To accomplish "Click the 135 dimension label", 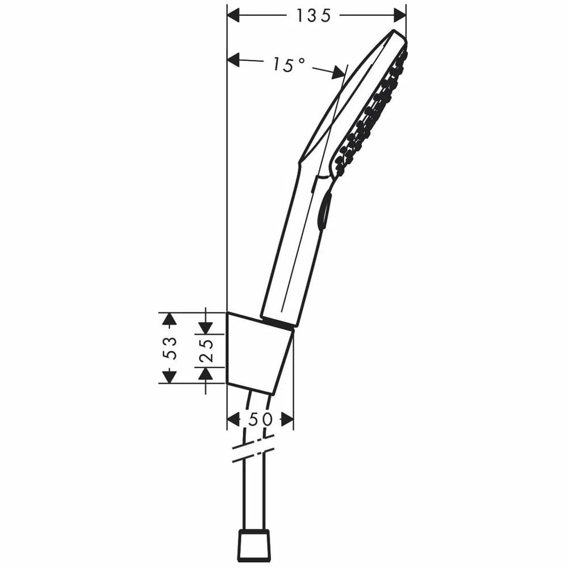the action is pos(314,15).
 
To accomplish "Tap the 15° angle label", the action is pos(289,65).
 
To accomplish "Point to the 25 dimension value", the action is pos(206,351).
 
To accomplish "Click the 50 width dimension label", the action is pos(260,420).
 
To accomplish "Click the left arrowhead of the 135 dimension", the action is pos(233,15).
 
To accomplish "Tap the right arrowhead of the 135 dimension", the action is pos(400,15).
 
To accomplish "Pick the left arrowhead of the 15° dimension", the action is pos(233,60).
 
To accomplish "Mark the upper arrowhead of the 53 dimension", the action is pos(169,319).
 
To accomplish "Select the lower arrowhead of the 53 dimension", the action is pos(169,377).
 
